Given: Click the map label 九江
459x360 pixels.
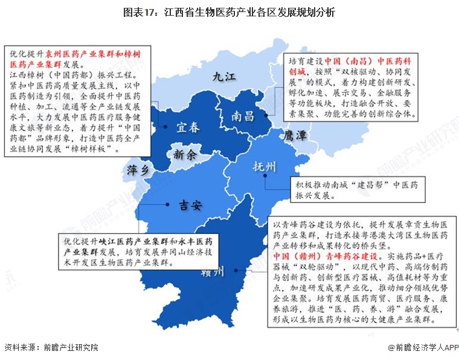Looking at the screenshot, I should click(x=222, y=76).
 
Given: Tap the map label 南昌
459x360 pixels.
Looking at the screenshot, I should click(x=242, y=116).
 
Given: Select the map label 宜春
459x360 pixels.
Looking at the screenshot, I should click(x=188, y=127).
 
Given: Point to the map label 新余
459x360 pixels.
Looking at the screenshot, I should click(x=184, y=155).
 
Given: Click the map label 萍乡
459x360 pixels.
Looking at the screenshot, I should click(x=138, y=171).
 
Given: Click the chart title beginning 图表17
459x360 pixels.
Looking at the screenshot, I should click(x=229, y=12).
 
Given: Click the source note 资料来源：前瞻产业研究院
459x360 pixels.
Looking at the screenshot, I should click(x=51, y=347).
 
